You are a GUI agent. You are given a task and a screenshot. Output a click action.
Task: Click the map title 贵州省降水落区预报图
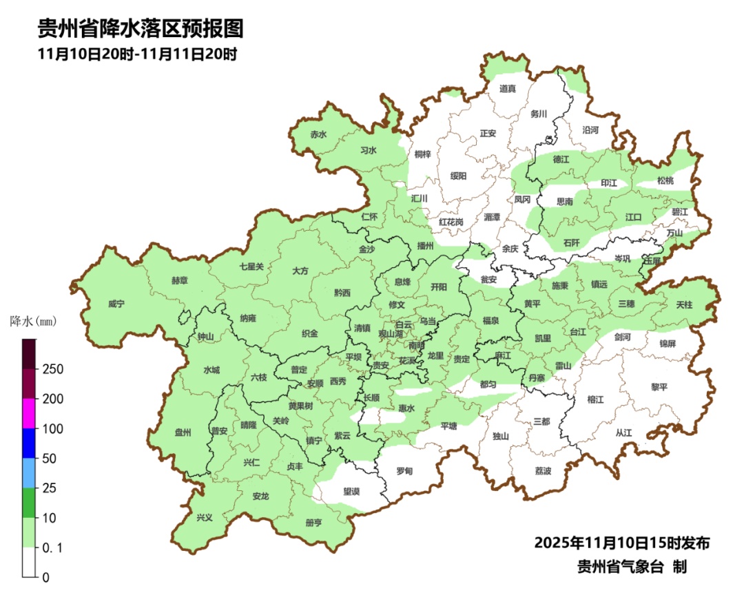[x=141, y=29]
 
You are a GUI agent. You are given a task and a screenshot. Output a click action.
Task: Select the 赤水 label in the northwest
[x=318, y=135]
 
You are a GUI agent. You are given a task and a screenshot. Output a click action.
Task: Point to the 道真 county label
[x=508, y=88]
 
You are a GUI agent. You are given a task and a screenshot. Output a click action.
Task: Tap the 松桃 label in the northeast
[x=665, y=180]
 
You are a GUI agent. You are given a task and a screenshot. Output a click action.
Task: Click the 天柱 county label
[x=684, y=304]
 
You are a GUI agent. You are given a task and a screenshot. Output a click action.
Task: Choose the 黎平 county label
[x=659, y=387]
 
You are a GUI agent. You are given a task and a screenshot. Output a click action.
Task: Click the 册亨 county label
[x=313, y=523]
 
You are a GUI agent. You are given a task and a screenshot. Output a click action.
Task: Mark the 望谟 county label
[x=351, y=491]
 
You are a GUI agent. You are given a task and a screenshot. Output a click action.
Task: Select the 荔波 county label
[x=543, y=471]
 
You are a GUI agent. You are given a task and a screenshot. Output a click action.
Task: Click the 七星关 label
[x=251, y=267]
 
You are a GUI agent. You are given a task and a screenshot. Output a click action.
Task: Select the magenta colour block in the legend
[x=29, y=413]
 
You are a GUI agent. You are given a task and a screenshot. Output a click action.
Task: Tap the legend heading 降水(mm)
[x=33, y=321]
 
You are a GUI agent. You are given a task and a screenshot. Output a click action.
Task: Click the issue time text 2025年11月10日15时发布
[x=621, y=543]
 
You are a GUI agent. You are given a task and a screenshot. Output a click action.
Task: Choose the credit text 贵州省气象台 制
[x=632, y=567]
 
